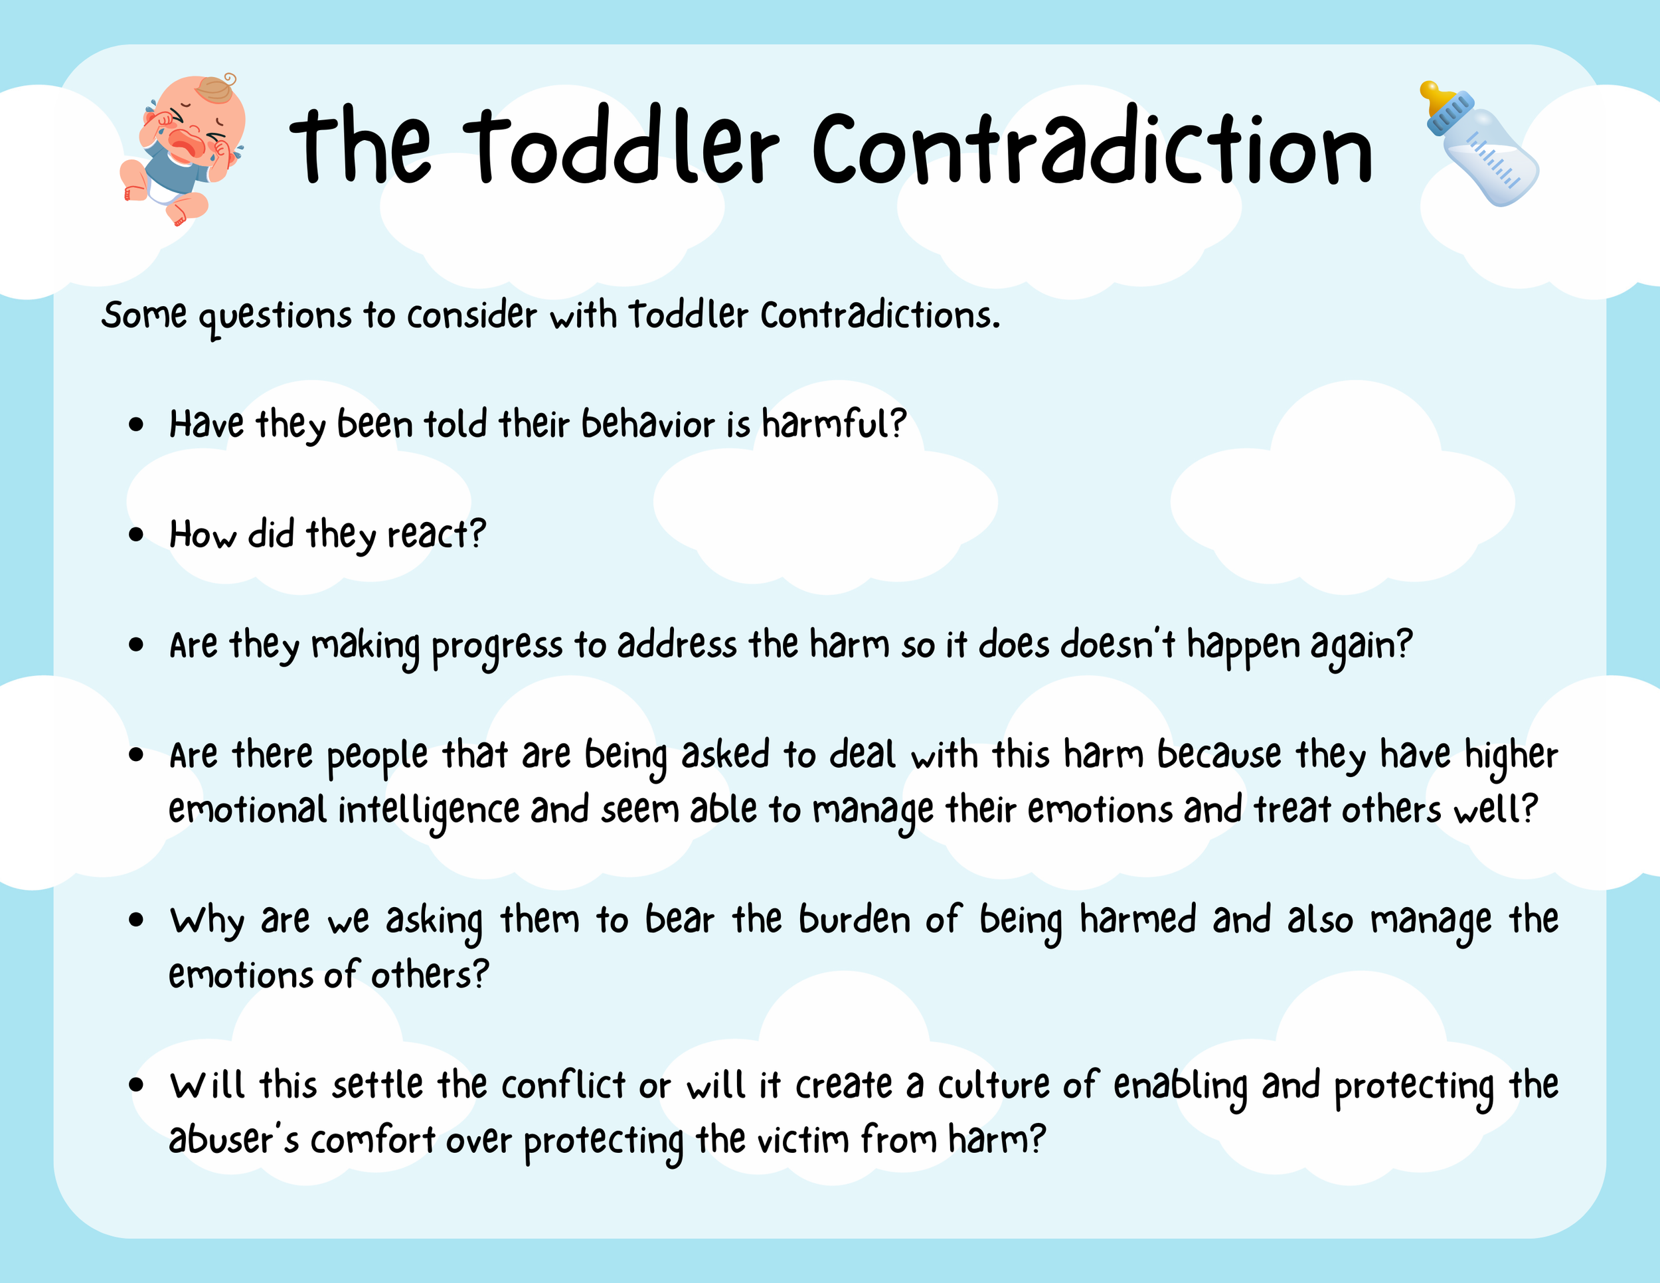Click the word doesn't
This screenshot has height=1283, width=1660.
click(x=1118, y=645)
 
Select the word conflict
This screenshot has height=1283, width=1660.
click(x=563, y=1085)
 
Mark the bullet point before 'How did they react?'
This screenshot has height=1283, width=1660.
click(x=136, y=535)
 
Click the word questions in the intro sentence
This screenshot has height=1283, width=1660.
click(x=275, y=316)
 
